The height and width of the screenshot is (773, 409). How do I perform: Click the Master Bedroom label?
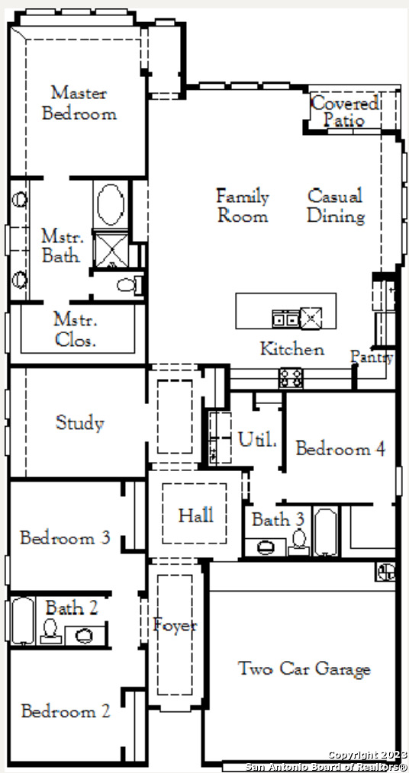[x=79, y=103]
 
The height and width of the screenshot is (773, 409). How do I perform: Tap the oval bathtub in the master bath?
[x=111, y=204]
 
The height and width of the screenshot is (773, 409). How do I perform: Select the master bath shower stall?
[x=111, y=250]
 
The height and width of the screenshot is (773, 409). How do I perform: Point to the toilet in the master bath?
[x=130, y=284]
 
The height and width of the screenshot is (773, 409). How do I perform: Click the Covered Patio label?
[x=345, y=112]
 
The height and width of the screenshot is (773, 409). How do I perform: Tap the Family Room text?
[x=243, y=206]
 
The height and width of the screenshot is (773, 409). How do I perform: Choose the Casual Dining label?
[x=336, y=206]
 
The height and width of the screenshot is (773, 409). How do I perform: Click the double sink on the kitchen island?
[x=285, y=319]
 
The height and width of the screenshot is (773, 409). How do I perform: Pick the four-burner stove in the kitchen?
[x=291, y=378]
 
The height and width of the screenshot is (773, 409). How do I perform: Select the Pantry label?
[x=372, y=357]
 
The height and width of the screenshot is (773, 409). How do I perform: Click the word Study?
[x=80, y=423]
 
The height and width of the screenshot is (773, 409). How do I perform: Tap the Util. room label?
[x=257, y=439]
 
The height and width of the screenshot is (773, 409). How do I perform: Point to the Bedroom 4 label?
[x=340, y=448]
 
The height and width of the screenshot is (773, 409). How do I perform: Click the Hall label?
[x=196, y=515]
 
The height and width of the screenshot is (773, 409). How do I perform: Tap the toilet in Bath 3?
[x=299, y=542]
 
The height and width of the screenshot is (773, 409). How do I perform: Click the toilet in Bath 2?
[x=50, y=630]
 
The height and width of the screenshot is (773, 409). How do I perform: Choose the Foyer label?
[x=175, y=625]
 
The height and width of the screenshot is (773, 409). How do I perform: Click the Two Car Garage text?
[x=304, y=669]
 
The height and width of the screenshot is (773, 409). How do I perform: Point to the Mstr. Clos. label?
[x=75, y=330]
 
